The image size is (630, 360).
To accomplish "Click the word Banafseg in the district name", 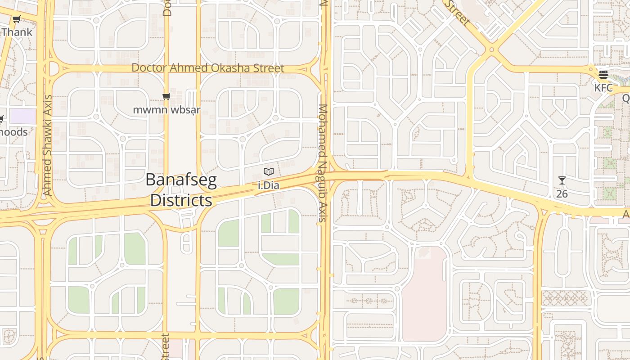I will click(x=181, y=180).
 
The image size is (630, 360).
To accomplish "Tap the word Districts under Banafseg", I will click(x=181, y=200).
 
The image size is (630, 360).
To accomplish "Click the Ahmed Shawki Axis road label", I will click(x=47, y=145).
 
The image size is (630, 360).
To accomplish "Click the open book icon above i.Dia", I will click(x=269, y=172).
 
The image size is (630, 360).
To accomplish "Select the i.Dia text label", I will click(x=269, y=185).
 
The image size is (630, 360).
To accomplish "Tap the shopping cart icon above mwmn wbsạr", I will click(x=166, y=96).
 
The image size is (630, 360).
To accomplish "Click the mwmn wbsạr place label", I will click(x=166, y=110).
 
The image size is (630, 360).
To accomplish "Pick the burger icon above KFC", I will click(x=603, y=75).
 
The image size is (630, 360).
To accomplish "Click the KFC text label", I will click(x=603, y=88).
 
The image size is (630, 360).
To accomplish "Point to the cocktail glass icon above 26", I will click(x=562, y=180).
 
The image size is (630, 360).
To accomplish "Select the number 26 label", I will click(x=562, y=194).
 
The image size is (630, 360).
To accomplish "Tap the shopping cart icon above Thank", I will click(x=17, y=19).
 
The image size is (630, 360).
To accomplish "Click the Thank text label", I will click(x=17, y=32).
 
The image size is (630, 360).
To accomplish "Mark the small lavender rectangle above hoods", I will click(x=22, y=116).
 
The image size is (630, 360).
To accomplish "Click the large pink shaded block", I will click(x=424, y=295).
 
